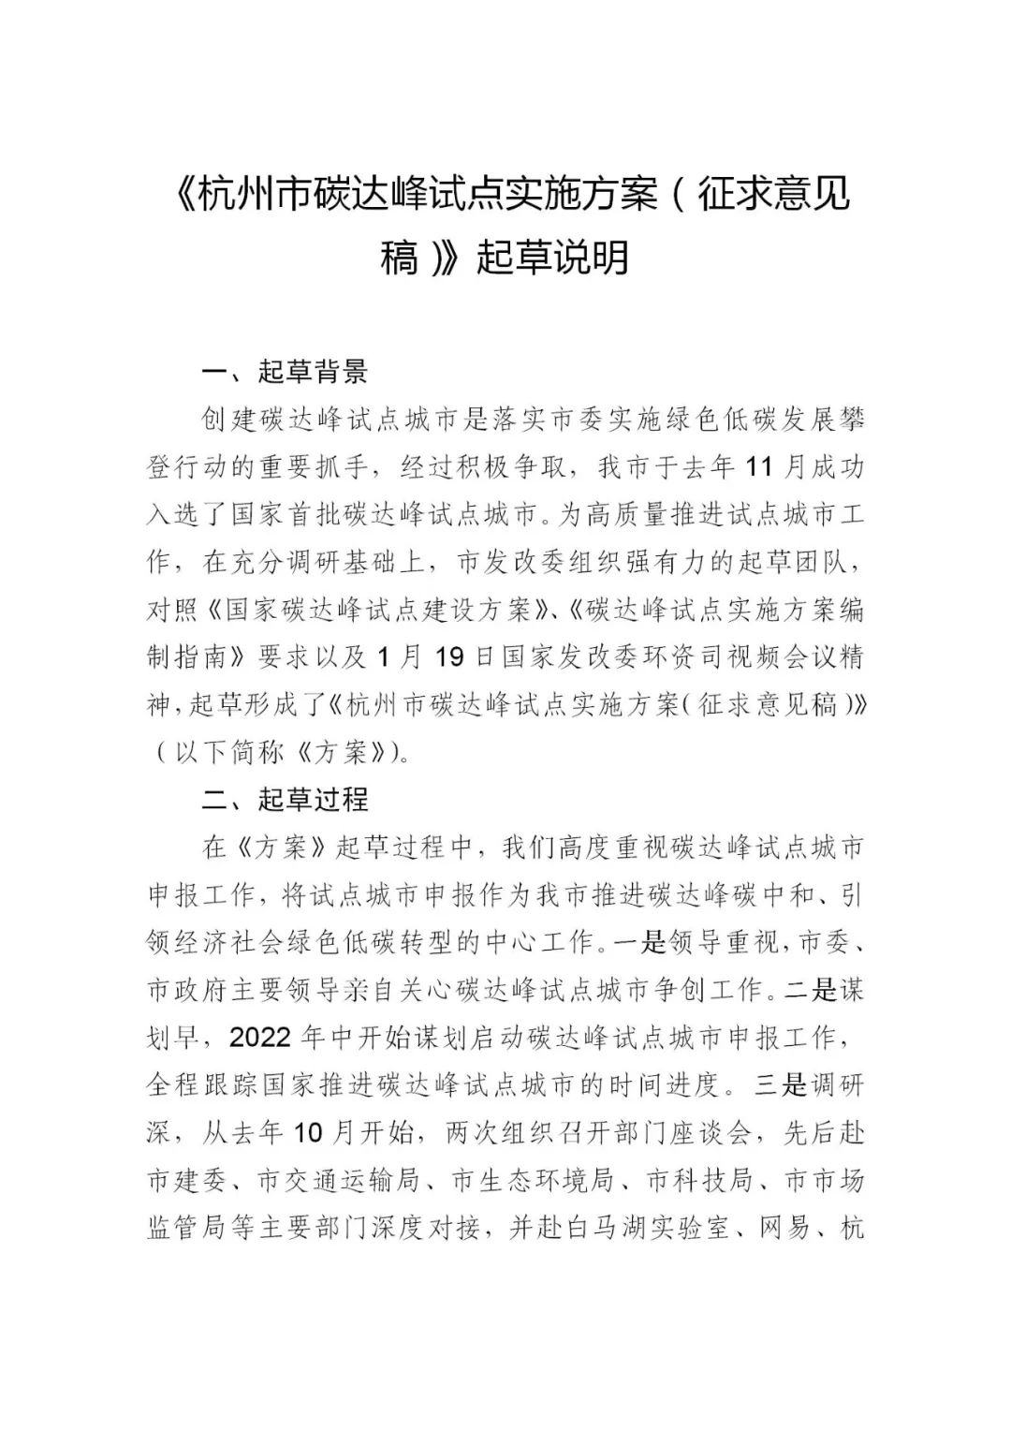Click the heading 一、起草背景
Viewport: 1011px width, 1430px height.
[286, 372]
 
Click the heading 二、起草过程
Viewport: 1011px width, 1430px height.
[286, 799]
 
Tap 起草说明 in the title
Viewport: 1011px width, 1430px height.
[552, 258]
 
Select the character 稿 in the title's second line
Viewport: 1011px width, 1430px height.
[401, 258]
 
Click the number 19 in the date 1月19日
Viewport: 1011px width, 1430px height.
[450, 656]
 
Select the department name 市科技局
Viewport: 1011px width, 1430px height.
[699, 1180]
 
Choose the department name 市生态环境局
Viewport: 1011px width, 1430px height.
[532, 1180]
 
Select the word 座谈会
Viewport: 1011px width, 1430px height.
[712, 1132]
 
